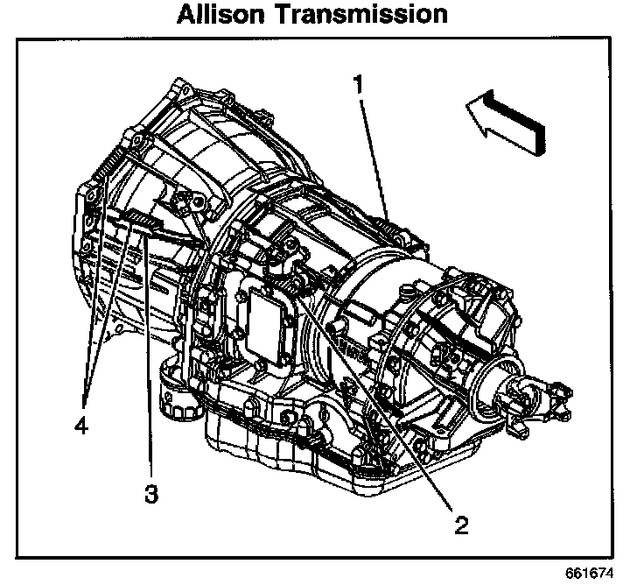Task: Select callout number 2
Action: point(459,525)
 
